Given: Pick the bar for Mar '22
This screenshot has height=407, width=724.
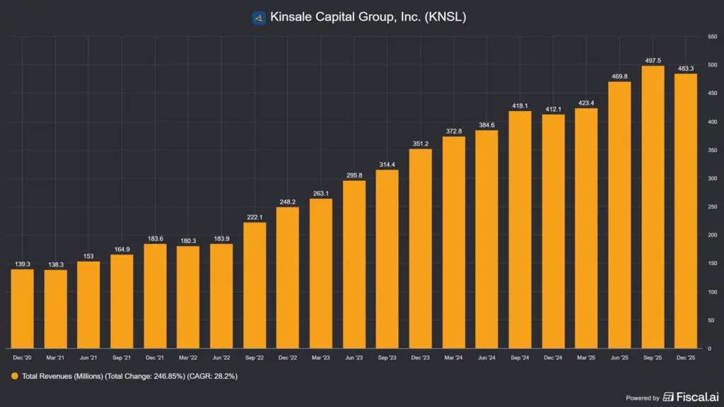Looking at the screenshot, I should tap(188, 297).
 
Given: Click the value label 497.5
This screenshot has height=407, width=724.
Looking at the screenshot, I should tap(652, 60).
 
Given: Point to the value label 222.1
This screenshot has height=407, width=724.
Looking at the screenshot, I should tap(255, 216).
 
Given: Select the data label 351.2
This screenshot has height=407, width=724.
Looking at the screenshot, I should tap(421, 143).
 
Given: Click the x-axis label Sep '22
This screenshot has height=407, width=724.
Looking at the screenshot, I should tap(255, 358).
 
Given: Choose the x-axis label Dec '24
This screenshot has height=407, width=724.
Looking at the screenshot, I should tap(553, 358).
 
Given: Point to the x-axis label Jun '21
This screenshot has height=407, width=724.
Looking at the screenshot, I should tap(89, 358).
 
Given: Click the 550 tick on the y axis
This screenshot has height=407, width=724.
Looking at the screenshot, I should tap(711, 36).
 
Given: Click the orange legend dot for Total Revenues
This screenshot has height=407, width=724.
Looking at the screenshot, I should tap(14, 377).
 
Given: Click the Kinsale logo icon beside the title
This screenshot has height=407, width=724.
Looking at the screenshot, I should tap(259, 18).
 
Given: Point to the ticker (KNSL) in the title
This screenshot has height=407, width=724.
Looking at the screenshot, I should tap(445, 18).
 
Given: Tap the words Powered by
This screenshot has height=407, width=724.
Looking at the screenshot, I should tap(643, 398).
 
